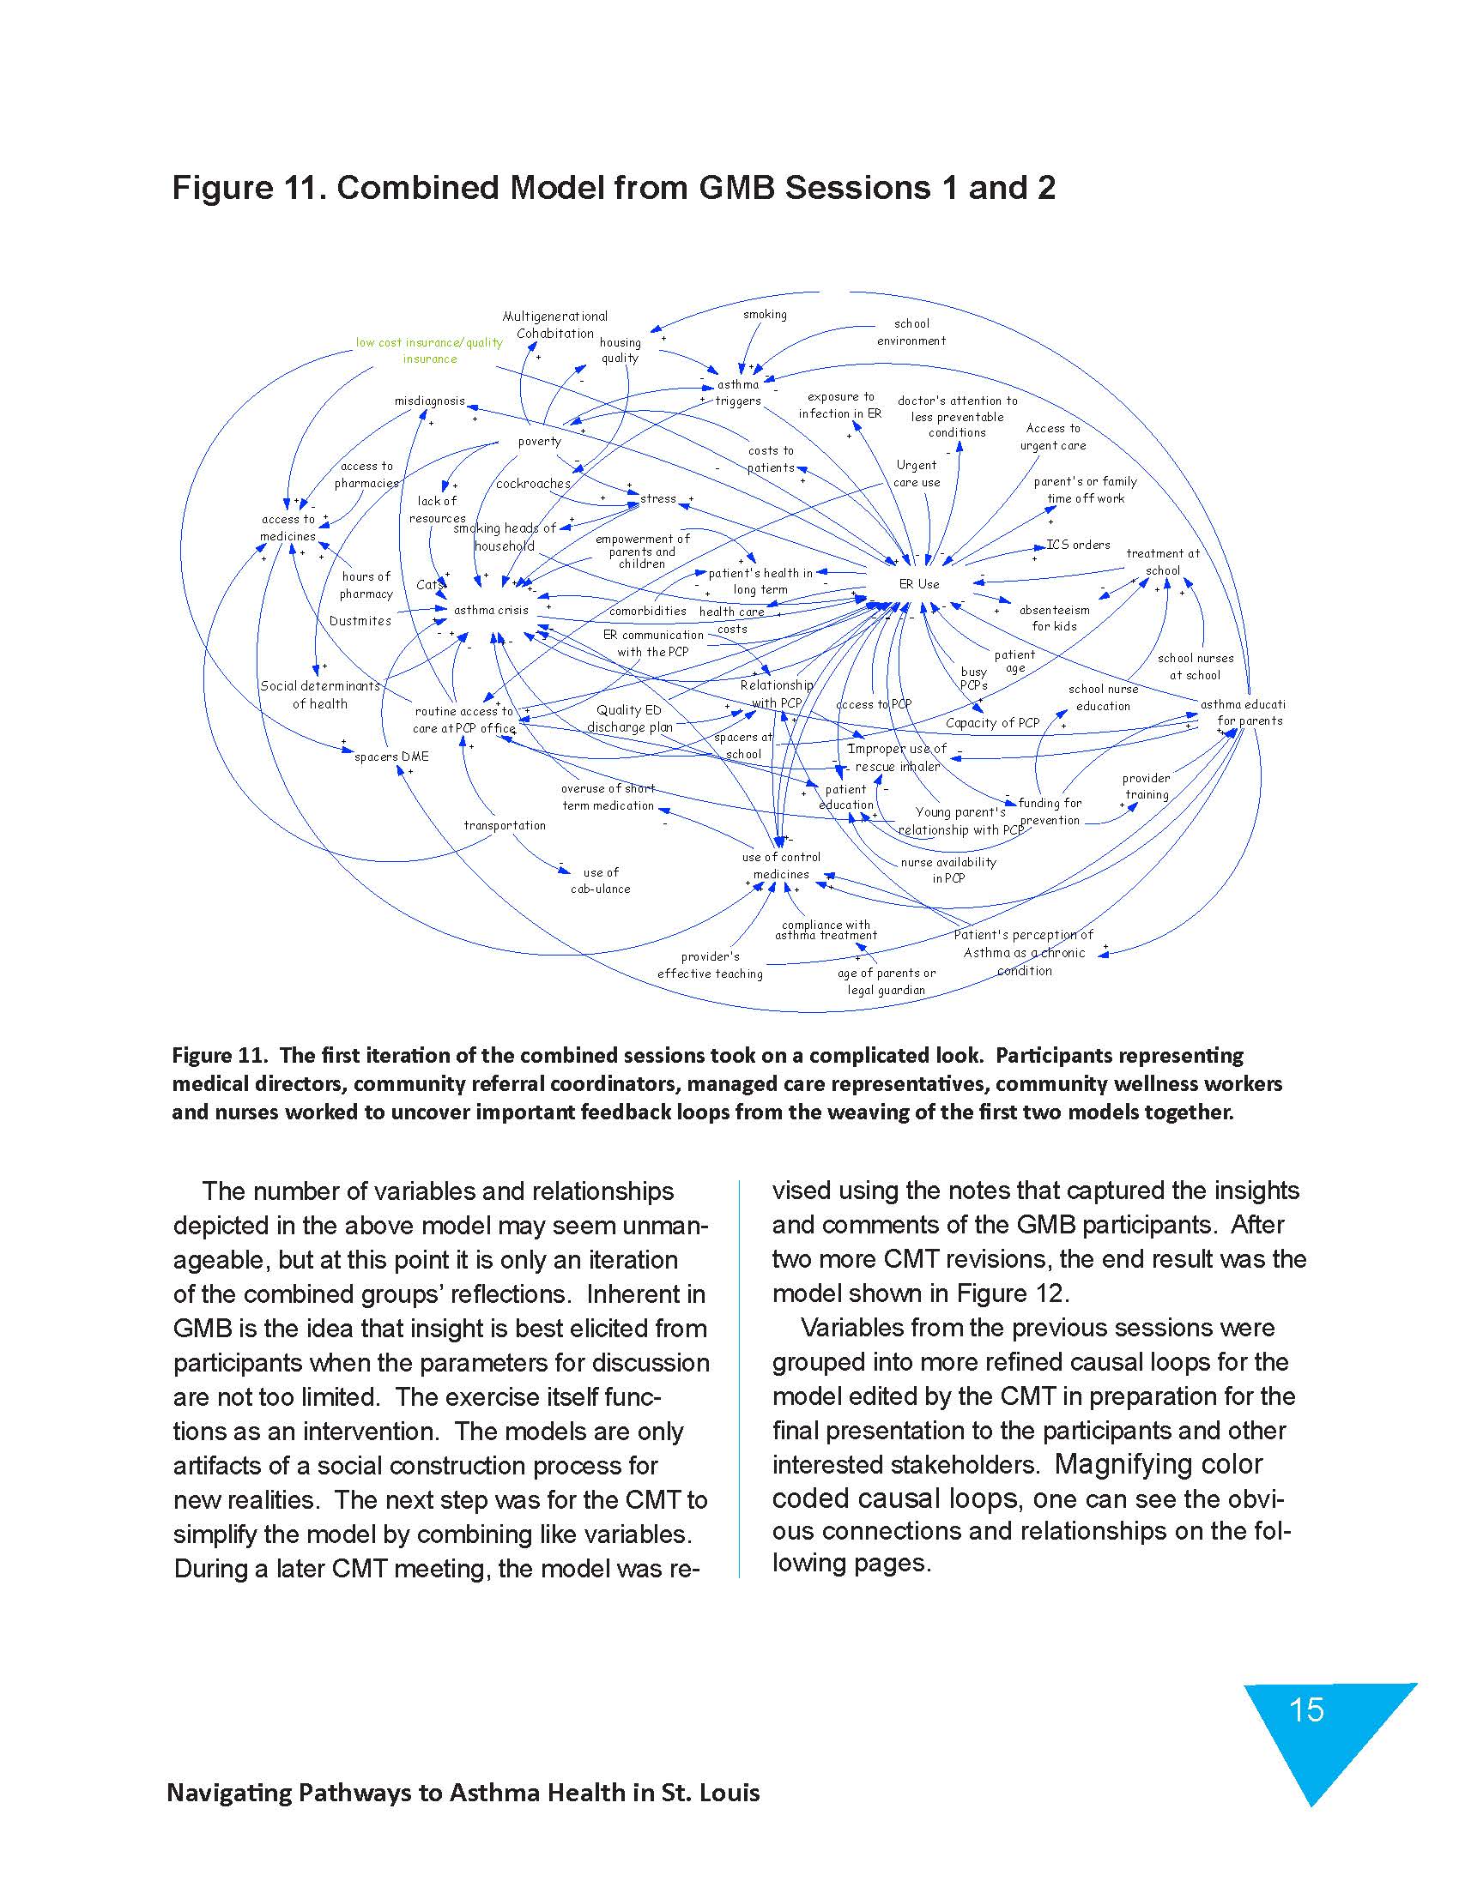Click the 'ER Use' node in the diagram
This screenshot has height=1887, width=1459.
click(x=918, y=584)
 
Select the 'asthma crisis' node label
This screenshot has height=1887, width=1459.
click(x=490, y=610)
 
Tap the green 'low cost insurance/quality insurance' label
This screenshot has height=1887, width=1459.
click(x=430, y=351)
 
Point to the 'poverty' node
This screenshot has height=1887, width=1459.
click(x=539, y=442)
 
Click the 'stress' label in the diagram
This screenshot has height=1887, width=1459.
click(x=657, y=498)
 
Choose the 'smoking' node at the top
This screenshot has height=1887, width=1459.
click(x=765, y=315)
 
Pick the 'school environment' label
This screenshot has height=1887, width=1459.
click(x=911, y=332)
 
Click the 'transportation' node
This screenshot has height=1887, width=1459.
click(x=505, y=825)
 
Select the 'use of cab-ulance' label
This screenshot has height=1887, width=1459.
click(x=600, y=880)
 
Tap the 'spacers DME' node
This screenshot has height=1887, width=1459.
click(x=391, y=757)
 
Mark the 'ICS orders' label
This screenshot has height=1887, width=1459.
click(x=1078, y=545)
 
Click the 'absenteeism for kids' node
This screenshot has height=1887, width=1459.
click(x=1054, y=618)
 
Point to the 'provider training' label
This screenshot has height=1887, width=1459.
click(x=1146, y=787)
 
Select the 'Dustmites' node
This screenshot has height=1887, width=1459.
click(x=360, y=621)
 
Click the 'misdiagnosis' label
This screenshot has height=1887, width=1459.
click(x=430, y=401)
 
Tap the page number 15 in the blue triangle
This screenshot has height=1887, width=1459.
click(x=1306, y=1709)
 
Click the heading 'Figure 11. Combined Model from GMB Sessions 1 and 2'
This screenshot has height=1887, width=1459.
click(x=613, y=188)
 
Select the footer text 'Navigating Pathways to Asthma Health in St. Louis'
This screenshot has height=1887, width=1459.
click(x=463, y=1793)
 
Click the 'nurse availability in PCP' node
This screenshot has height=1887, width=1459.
click(x=948, y=870)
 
